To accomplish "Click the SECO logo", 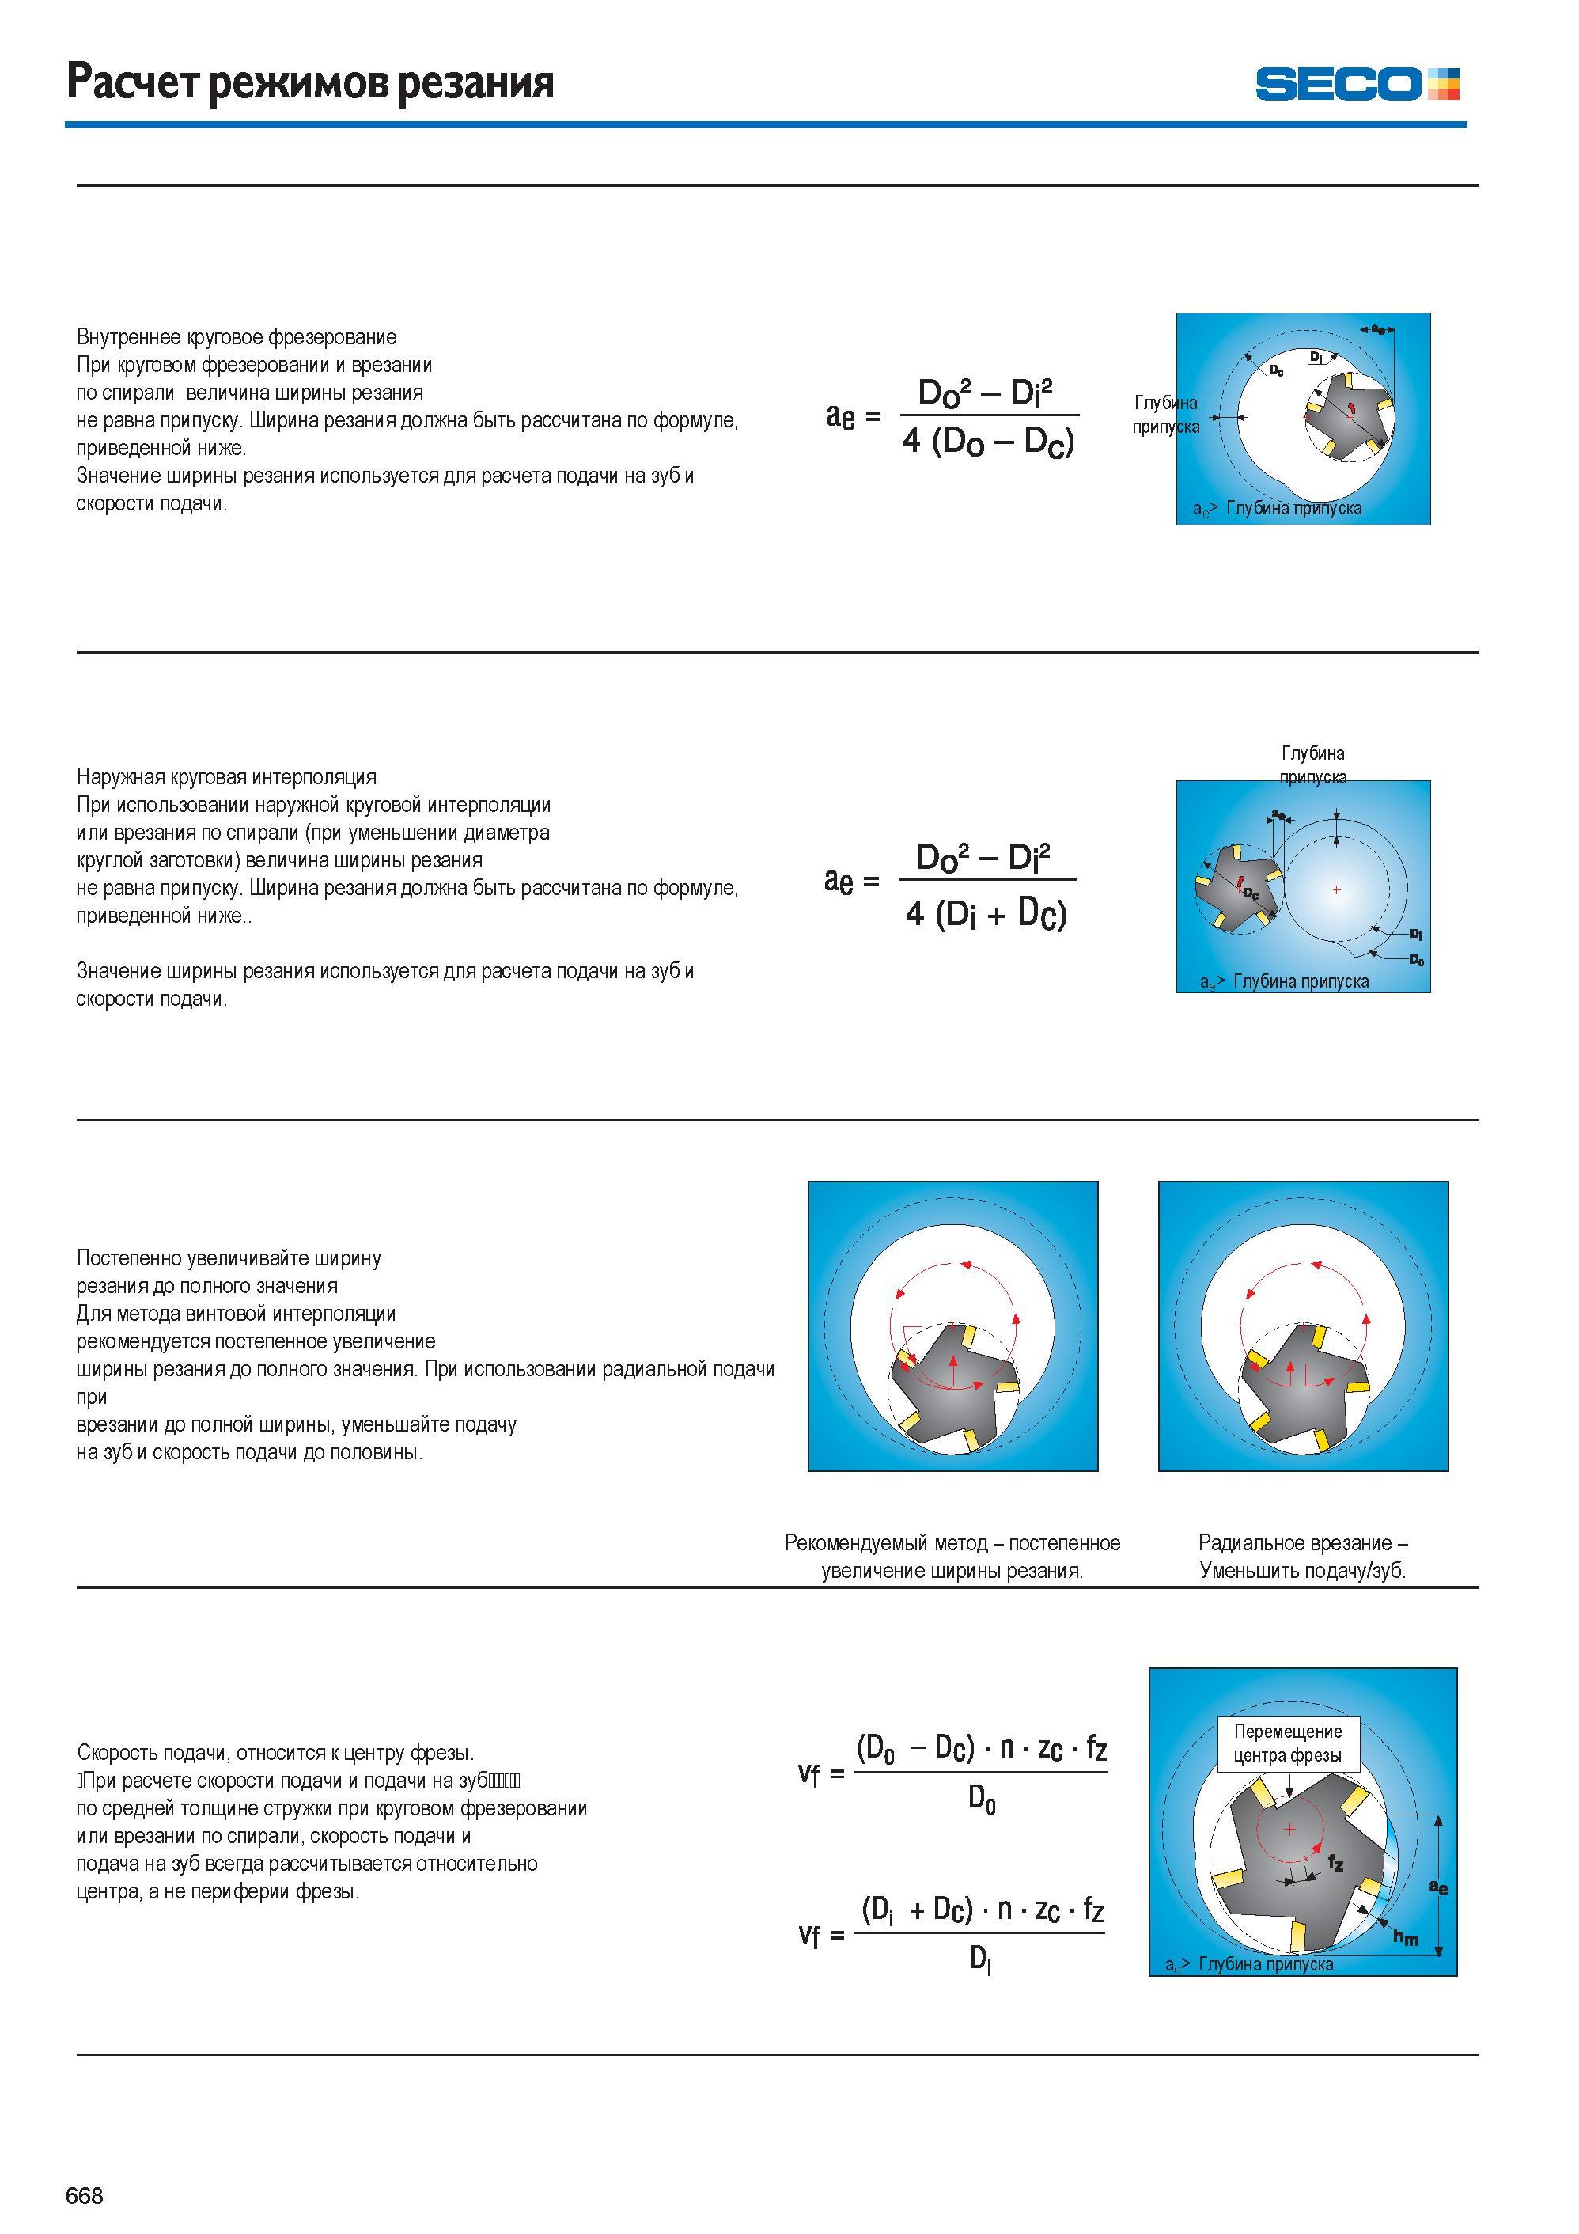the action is pos(1357,83).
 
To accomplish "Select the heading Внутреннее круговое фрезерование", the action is pos(237,336).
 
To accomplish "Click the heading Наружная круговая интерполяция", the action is pos(227,776).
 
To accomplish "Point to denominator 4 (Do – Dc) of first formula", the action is pos(987,442).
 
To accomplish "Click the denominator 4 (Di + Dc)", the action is pos(986,914).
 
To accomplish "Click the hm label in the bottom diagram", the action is pos(1405,1936).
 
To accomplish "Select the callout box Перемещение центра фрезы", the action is pos(1287,1743).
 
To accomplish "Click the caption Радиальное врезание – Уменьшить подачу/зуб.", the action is pos(1303,1556).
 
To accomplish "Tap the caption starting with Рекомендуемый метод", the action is pos(952,1556).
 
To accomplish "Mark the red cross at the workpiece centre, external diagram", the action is pos(1337,889).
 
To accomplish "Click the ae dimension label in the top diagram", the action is pos(1379,329).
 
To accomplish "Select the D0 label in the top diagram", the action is pos(1277,370).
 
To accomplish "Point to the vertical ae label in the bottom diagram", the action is pos(1438,1887).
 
